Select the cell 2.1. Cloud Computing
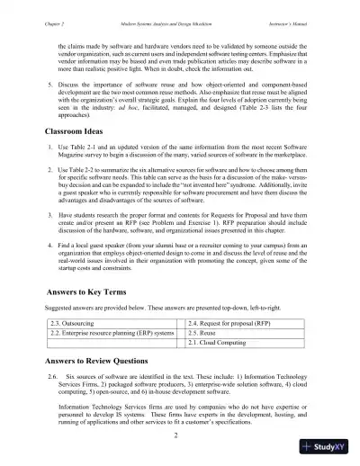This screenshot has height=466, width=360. click(x=220, y=343)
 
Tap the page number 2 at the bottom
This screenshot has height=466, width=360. click(x=180, y=435)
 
